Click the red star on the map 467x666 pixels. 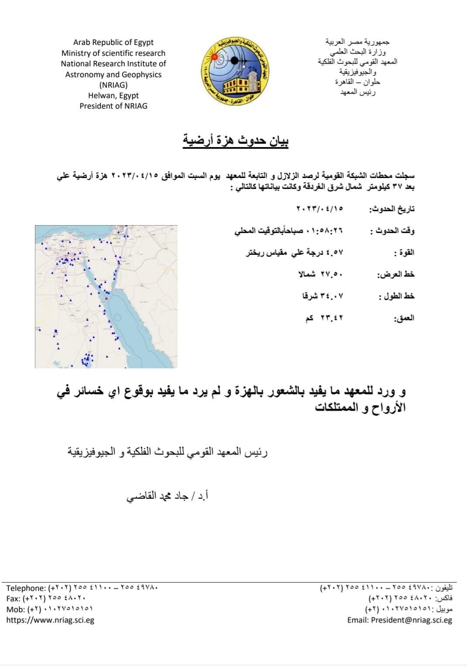(106, 298)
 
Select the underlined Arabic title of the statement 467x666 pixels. (236, 141)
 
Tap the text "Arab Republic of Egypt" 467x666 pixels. (113, 42)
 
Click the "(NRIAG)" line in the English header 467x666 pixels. (113, 85)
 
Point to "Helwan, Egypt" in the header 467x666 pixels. (113, 96)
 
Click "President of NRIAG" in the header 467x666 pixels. (113, 106)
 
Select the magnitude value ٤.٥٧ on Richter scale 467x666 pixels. (295, 252)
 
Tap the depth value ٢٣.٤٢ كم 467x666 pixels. (324, 318)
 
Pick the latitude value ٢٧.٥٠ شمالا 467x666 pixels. (321, 274)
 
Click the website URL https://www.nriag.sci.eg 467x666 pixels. (50, 620)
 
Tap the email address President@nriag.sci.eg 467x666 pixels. (400, 620)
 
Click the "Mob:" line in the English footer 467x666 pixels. (49, 609)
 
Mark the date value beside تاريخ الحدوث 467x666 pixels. (320, 209)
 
